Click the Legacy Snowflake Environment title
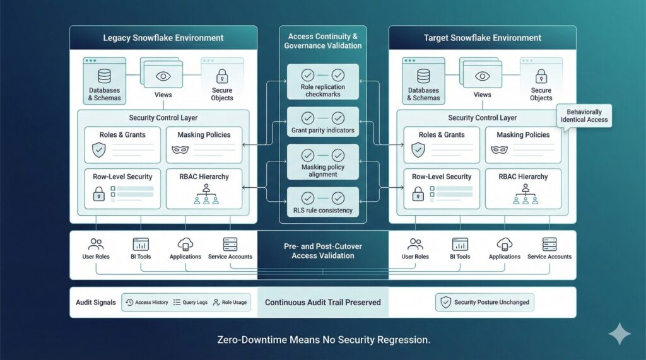163,38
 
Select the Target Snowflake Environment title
482,38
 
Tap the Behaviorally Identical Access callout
584,116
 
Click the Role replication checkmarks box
323,81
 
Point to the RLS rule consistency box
323,202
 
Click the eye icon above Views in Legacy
163,76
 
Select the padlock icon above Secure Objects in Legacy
222,76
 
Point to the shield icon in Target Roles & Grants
418,150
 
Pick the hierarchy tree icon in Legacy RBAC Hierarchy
206,196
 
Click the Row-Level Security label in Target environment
442,177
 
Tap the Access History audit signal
146,303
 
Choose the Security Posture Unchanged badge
484,303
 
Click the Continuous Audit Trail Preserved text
322,303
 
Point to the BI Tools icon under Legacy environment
141,245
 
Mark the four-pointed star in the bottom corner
619,333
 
